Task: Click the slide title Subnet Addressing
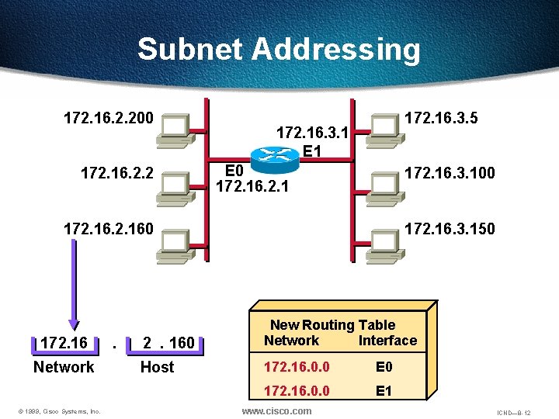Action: pyautogui.click(x=279, y=50)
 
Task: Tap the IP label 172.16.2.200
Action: pyautogui.click(x=109, y=119)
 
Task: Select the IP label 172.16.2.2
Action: pyautogui.click(x=117, y=172)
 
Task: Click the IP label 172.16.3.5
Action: pyautogui.click(x=442, y=119)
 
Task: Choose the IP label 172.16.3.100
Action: pyautogui.click(x=450, y=172)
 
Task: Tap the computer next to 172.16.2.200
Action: pyautogui.click(x=173, y=130)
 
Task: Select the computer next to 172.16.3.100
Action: pyautogui.click(x=386, y=182)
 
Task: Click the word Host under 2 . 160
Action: pyautogui.click(x=157, y=367)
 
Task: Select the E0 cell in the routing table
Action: pyautogui.click(x=384, y=365)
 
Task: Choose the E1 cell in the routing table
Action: pyautogui.click(x=384, y=391)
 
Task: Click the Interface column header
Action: pyautogui.click(x=387, y=341)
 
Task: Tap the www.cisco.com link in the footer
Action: pyautogui.click(x=277, y=410)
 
